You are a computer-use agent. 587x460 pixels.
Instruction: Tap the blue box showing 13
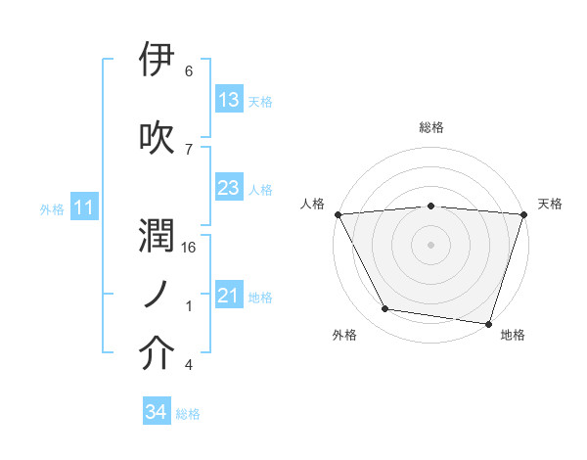click(228, 100)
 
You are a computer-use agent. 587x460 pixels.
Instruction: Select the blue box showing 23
click(228, 188)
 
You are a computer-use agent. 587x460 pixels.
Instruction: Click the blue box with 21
click(228, 296)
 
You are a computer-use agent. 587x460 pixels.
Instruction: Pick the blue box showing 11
click(83, 207)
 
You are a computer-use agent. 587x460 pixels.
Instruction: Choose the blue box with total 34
click(156, 412)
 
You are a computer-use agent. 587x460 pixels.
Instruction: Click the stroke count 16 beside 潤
click(190, 248)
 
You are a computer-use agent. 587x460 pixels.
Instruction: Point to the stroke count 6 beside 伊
click(189, 71)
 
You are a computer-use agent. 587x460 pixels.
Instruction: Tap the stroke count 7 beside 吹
click(189, 150)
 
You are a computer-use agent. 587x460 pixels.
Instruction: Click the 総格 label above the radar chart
click(431, 127)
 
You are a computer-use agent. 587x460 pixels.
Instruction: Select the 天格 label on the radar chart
click(550, 204)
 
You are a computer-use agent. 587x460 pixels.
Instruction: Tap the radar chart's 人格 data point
click(338, 214)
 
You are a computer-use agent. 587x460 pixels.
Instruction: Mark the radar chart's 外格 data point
click(385, 309)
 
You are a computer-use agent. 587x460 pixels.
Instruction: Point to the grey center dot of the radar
click(430, 245)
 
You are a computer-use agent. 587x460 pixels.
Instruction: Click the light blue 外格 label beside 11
click(52, 208)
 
